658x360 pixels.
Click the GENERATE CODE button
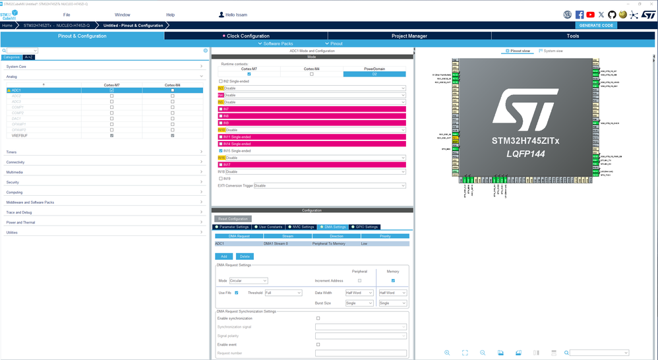tap(596, 25)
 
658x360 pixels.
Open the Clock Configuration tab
tap(248, 36)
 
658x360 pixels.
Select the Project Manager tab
tap(409, 36)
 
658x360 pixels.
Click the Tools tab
tap(572, 36)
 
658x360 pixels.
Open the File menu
tap(67, 15)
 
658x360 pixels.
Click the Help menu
tap(170, 15)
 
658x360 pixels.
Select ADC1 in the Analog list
tap(16, 90)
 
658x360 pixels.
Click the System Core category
tap(16, 66)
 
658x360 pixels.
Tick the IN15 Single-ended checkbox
tap(221, 151)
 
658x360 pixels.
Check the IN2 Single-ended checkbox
tap(221, 81)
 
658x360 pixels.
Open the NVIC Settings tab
tap(301, 227)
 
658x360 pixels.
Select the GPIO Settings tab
tap(365, 227)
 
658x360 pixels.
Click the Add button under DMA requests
tap(224, 256)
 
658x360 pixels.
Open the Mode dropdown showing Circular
tap(248, 280)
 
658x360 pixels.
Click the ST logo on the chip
tap(525, 111)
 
